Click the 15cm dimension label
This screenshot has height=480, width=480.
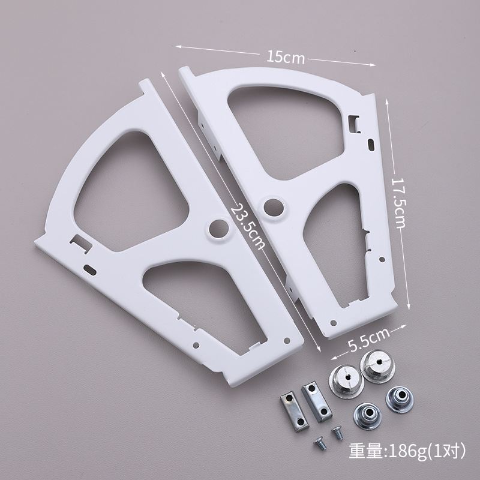coord(286,57)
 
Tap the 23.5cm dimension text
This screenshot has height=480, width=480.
coord(248,227)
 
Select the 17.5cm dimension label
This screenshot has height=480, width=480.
coord(398,203)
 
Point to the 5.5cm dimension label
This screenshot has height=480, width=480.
coord(369,339)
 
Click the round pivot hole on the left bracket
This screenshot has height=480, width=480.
coord(219,229)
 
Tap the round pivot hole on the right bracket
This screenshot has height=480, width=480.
coord(274,207)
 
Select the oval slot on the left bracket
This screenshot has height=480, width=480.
coord(90,270)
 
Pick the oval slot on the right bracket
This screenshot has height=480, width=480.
coord(371,145)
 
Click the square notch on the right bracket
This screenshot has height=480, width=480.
coord(355,124)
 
